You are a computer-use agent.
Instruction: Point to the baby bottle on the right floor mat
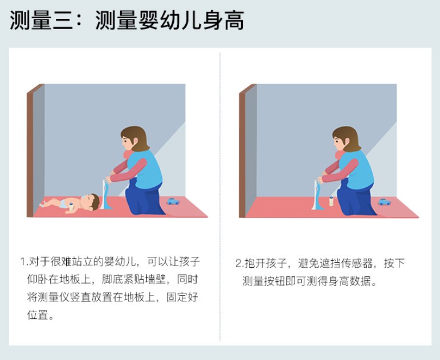pyautogui.click(x=331, y=201)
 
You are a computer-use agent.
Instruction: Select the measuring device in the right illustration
pyautogui.click(x=316, y=194)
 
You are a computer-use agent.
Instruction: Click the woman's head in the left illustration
pyautogui.click(x=133, y=139)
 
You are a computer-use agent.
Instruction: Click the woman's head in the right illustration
pyautogui.click(x=345, y=139)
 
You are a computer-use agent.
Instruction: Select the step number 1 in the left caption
pyautogui.click(x=23, y=263)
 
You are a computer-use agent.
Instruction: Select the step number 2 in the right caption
pyautogui.click(x=238, y=263)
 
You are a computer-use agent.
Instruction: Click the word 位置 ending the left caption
pyautogui.click(x=38, y=315)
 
